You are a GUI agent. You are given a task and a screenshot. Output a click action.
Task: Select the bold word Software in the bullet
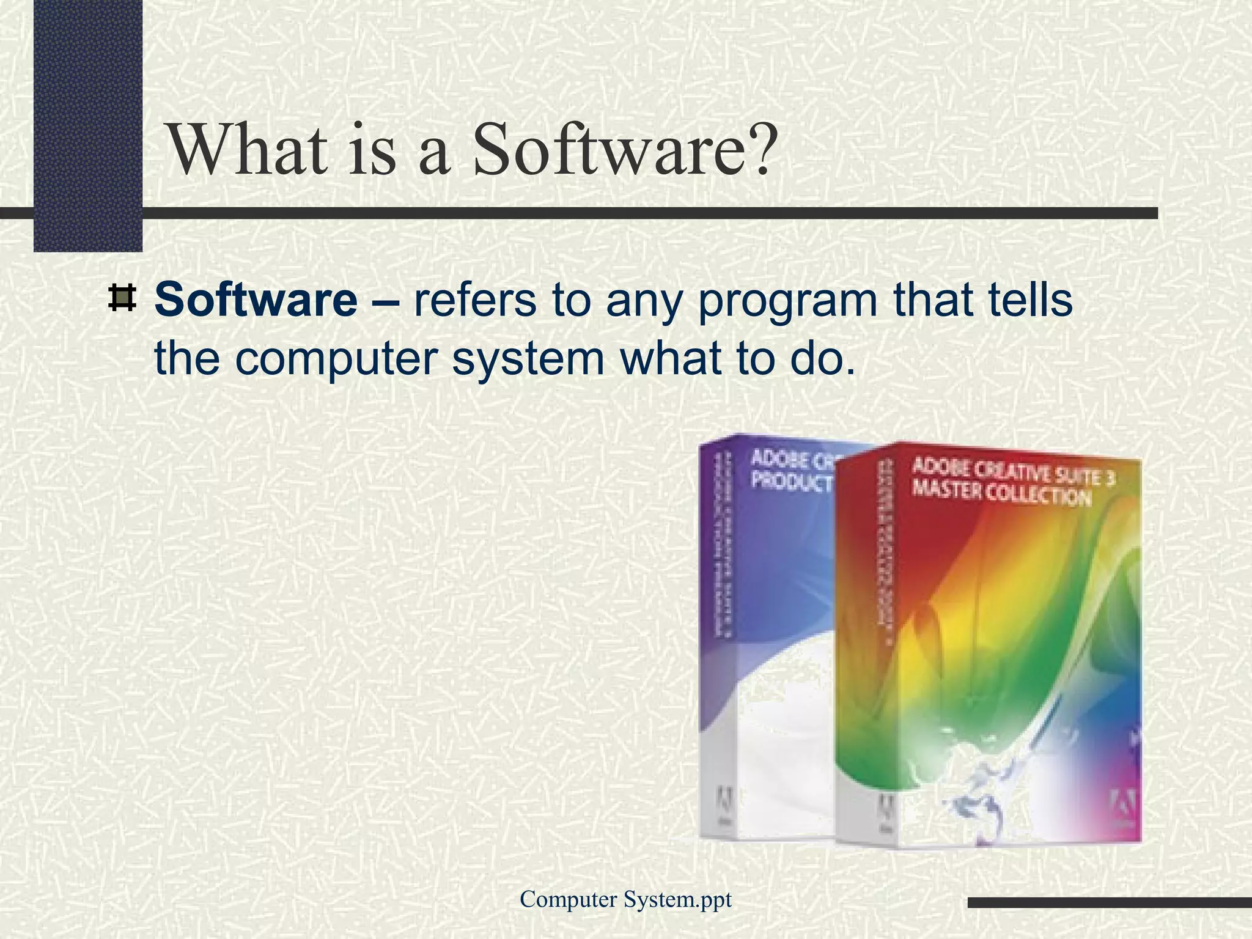(256, 300)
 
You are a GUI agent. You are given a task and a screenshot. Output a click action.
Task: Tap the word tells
(1028, 300)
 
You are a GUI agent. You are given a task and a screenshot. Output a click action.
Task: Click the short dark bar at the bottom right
(1109, 902)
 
